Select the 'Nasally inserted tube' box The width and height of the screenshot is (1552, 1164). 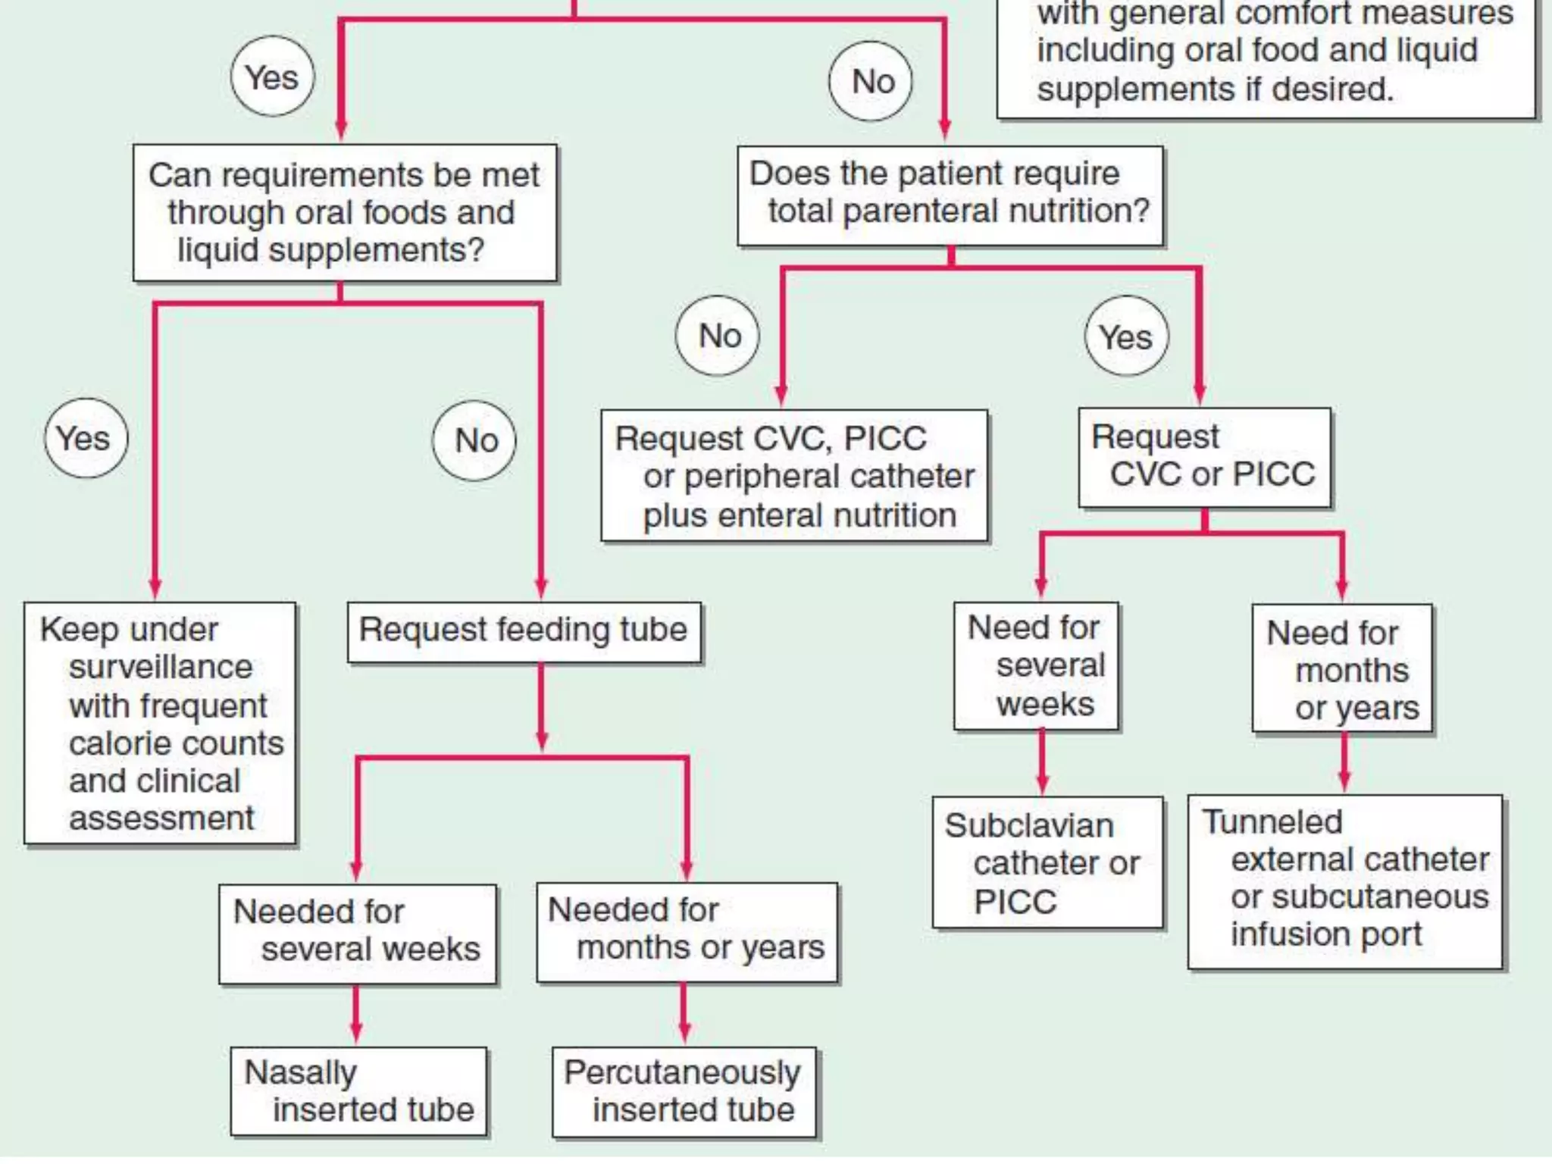358,1091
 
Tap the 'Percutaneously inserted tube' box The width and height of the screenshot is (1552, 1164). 684,1092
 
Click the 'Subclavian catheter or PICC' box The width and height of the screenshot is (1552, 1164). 1047,862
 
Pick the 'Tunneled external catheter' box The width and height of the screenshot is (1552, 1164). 1344,881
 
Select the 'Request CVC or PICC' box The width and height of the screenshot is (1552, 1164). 1204,457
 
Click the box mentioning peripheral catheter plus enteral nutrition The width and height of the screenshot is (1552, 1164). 794,476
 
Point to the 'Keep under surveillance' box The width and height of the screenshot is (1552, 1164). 160,723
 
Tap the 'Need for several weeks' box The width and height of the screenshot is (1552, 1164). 1036,666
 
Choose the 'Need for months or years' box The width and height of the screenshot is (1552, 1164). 1342,668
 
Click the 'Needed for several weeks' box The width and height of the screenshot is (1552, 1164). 358,933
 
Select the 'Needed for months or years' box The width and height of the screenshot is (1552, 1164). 687,931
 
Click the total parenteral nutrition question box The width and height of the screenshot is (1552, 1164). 950,195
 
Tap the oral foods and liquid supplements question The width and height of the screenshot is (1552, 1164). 345,213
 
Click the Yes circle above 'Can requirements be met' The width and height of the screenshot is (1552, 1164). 272,77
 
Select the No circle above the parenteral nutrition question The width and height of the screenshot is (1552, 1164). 871,80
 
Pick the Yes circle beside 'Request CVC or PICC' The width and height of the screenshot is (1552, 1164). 1126,336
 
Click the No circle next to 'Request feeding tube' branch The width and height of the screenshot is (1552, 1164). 474,440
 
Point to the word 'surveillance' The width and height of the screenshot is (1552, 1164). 161,667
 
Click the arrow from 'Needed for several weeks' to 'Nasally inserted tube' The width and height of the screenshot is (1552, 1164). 356,1015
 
